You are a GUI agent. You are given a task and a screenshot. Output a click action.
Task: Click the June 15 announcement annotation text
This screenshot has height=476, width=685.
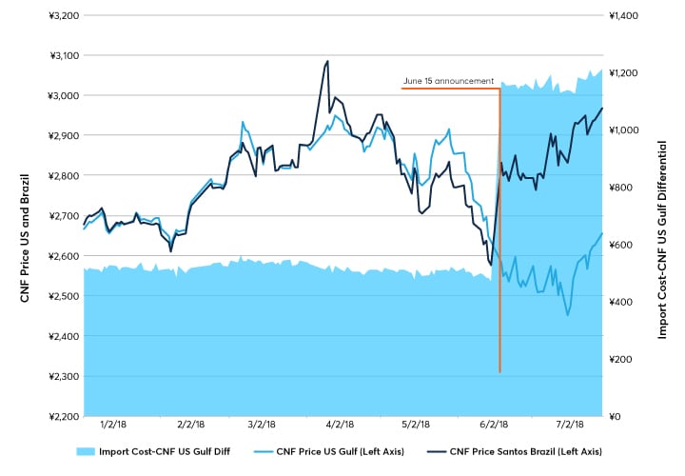(x=448, y=81)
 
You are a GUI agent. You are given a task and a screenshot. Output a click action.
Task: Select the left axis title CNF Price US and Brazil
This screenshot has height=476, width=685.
(x=25, y=217)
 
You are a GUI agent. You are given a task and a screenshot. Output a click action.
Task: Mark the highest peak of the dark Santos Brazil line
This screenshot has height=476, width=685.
(x=327, y=62)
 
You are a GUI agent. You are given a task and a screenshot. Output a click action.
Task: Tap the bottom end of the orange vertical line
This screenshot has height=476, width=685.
(x=500, y=370)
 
